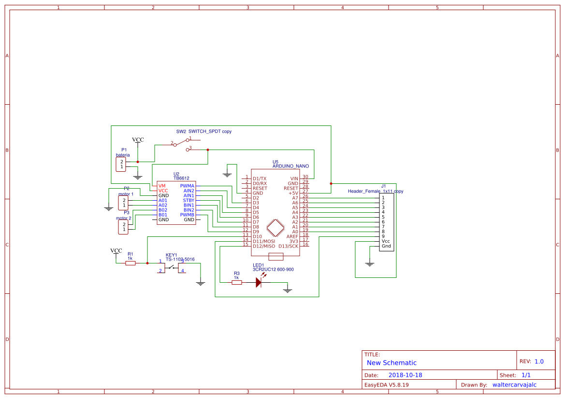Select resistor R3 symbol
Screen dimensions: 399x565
[236, 283]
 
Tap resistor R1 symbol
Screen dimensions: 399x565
[130, 263]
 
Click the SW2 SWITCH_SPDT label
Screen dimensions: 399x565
[203, 131]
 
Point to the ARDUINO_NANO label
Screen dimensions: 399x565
[290, 166]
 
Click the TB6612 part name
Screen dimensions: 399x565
[181, 178]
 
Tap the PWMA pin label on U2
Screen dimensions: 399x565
[187, 186]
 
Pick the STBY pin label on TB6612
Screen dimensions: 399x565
[188, 200]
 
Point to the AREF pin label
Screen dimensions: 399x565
[292, 236]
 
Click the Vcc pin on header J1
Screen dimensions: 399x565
[385, 241]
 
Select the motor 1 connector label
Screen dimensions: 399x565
[126, 194]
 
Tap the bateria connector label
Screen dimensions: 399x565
[123, 155]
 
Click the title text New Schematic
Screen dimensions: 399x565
[391, 363]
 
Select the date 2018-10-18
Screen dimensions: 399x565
[405, 375]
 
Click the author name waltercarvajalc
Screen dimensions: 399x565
[514, 385]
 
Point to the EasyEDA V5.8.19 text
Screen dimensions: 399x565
[386, 385]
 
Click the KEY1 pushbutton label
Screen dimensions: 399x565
[171, 255]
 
